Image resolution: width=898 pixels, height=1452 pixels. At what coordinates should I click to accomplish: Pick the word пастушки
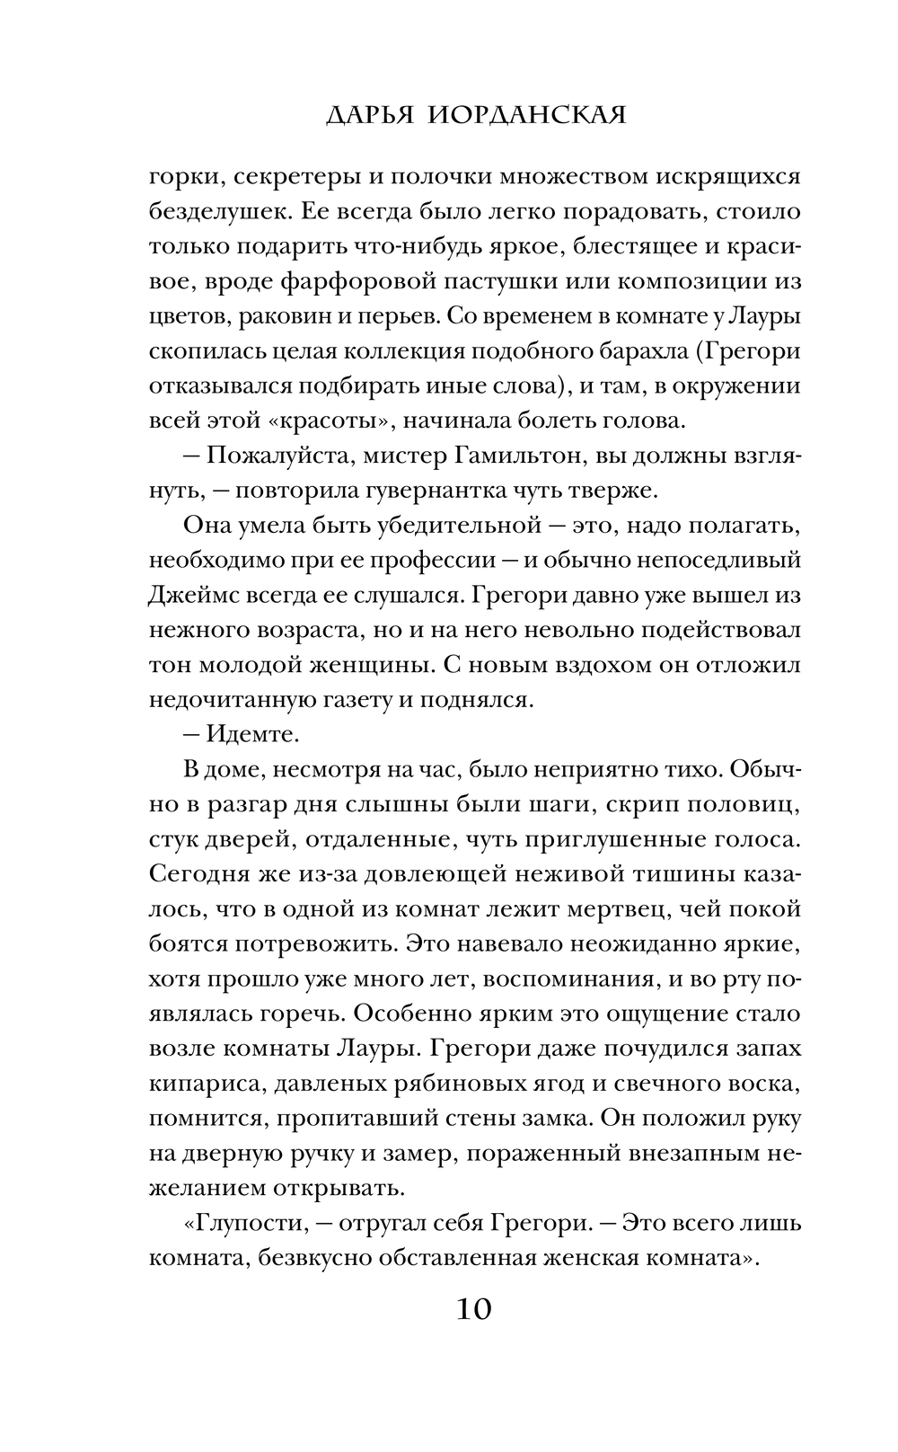coord(497,280)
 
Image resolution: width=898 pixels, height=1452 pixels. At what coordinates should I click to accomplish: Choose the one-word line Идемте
coord(253,734)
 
